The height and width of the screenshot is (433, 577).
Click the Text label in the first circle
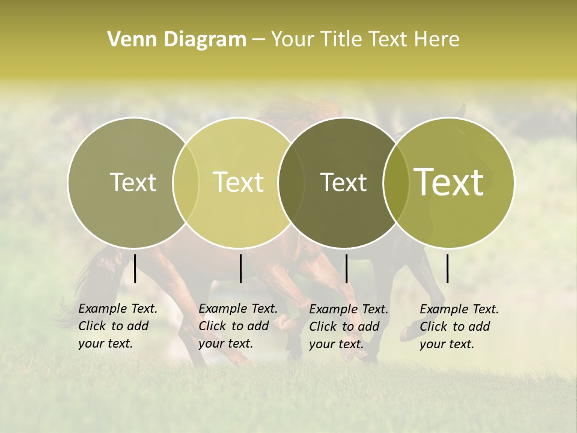(x=133, y=182)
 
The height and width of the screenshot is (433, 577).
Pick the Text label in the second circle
(x=239, y=182)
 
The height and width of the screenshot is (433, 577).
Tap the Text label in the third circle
(x=344, y=182)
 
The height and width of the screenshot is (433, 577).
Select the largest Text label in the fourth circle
(x=449, y=182)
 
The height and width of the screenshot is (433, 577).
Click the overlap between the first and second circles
(x=186, y=183)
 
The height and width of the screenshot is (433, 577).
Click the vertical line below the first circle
(x=135, y=268)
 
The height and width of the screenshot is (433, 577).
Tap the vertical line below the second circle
(x=240, y=268)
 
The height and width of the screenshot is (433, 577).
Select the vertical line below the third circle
(x=346, y=268)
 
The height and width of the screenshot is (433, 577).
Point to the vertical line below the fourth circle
(x=447, y=268)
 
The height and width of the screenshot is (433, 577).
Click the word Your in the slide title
(x=290, y=39)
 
